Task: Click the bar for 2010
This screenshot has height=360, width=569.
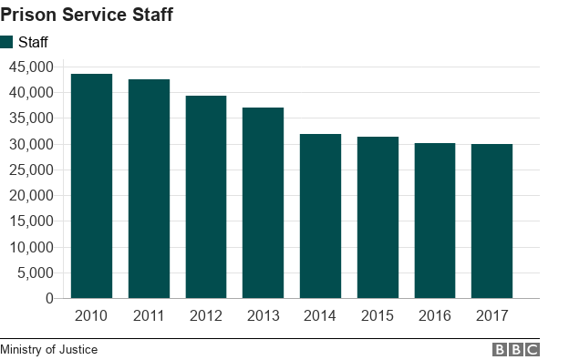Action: [91, 186]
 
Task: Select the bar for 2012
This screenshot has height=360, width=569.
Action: [206, 197]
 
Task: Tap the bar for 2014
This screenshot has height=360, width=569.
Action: [320, 216]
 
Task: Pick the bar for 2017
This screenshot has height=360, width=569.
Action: [491, 221]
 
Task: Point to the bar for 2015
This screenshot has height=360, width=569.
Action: [378, 217]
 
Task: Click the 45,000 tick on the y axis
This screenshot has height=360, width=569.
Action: [31, 67]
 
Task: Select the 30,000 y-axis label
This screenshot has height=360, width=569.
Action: [31, 144]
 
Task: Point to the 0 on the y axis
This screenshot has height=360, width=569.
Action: [49, 298]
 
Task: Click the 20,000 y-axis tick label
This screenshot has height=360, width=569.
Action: [31, 195]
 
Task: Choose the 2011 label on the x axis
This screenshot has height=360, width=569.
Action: [149, 316]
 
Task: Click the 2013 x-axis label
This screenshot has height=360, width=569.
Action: [263, 316]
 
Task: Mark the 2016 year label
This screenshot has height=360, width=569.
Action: [434, 316]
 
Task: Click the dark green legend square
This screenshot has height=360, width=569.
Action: [6, 42]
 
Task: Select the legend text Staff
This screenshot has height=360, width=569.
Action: [33, 42]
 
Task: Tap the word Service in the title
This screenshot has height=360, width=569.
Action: [93, 15]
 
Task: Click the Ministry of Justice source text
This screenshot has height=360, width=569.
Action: [48, 349]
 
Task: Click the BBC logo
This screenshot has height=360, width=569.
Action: [516, 349]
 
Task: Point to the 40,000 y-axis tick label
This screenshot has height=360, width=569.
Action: [31, 92]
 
